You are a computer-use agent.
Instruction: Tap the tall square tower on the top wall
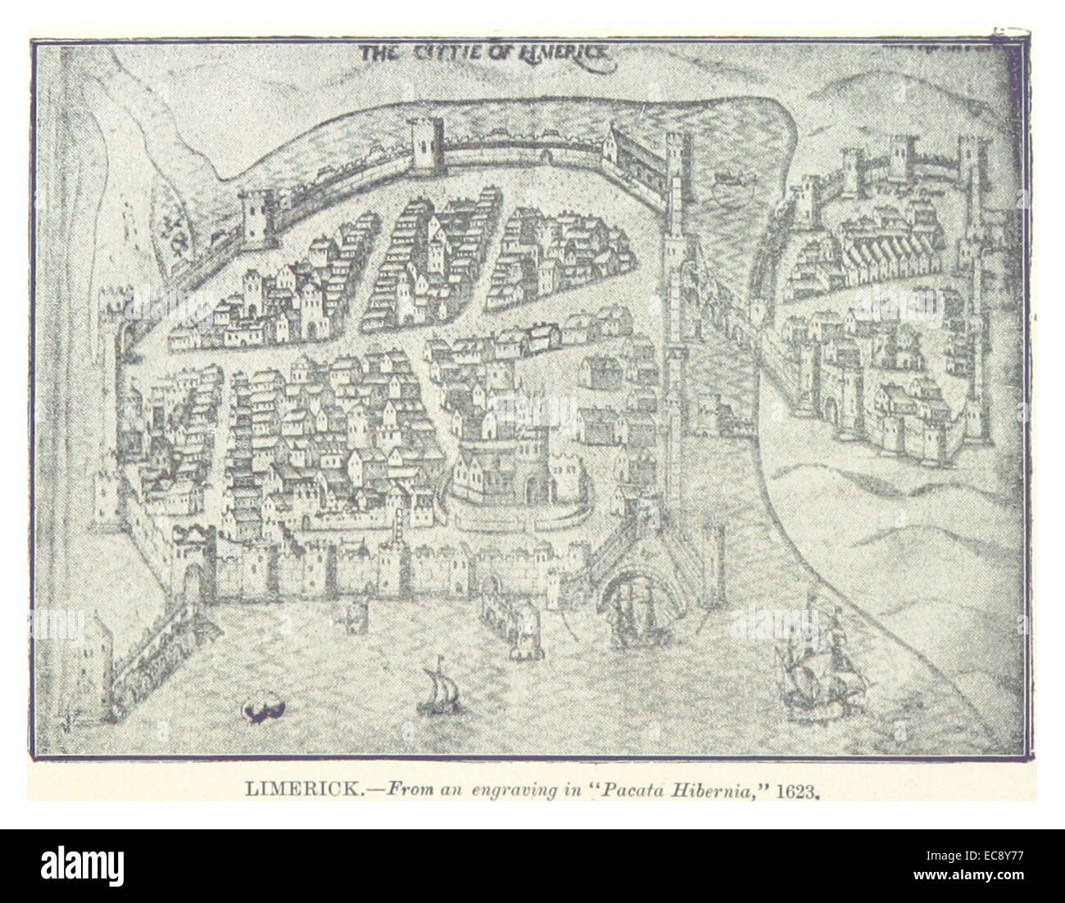pyautogui.click(x=424, y=144)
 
